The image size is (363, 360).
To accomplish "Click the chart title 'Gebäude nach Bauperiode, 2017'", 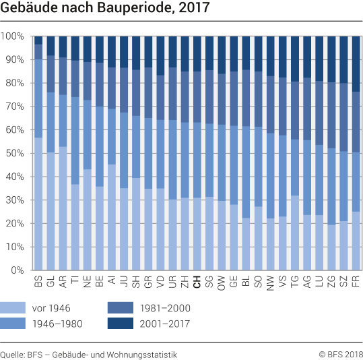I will (x=105, y=9).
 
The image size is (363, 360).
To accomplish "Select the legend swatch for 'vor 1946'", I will (x=14, y=307).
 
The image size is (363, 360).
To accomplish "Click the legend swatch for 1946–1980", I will (x=14, y=324).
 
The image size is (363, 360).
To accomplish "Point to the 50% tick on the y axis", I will (x=13, y=154).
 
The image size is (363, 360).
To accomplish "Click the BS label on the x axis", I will (x=38, y=282).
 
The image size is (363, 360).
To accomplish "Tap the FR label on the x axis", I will (x=356, y=282).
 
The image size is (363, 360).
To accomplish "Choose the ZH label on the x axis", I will (x=185, y=282).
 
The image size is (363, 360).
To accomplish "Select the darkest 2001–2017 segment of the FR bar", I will (x=356, y=63).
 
